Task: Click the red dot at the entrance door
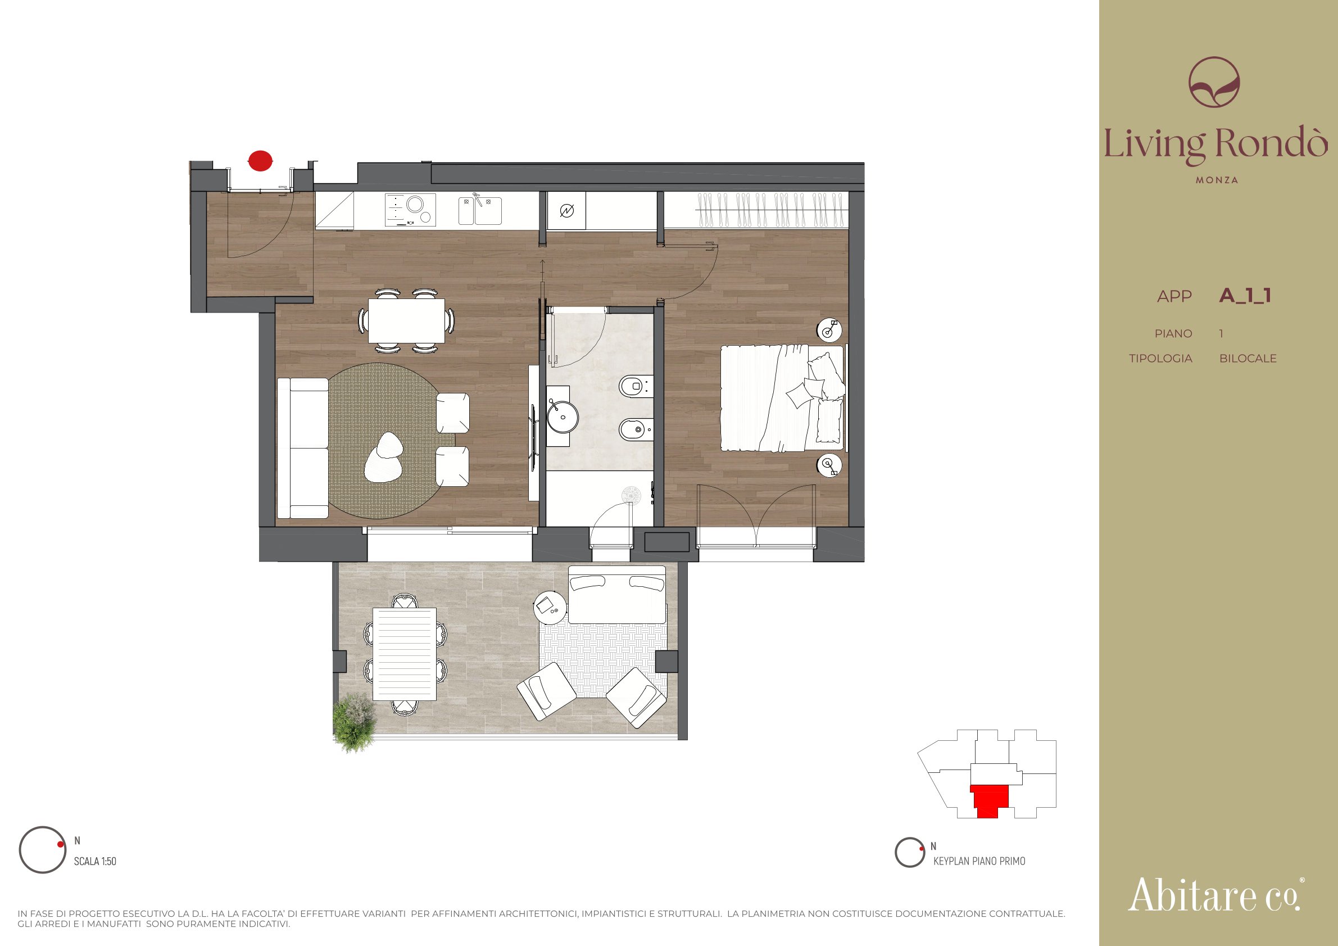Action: (x=260, y=160)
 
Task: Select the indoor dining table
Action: (x=406, y=320)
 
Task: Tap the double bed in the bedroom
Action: (x=783, y=398)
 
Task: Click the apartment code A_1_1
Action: (x=1245, y=296)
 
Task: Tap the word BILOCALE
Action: (x=1248, y=359)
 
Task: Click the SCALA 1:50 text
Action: (x=95, y=861)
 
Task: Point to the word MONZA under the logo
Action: (x=1217, y=180)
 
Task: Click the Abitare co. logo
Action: (x=1215, y=895)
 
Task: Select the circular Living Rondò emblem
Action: (x=1214, y=82)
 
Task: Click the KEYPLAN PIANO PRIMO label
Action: (x=979, y=861)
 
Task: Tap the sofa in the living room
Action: (x=302, y=447)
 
